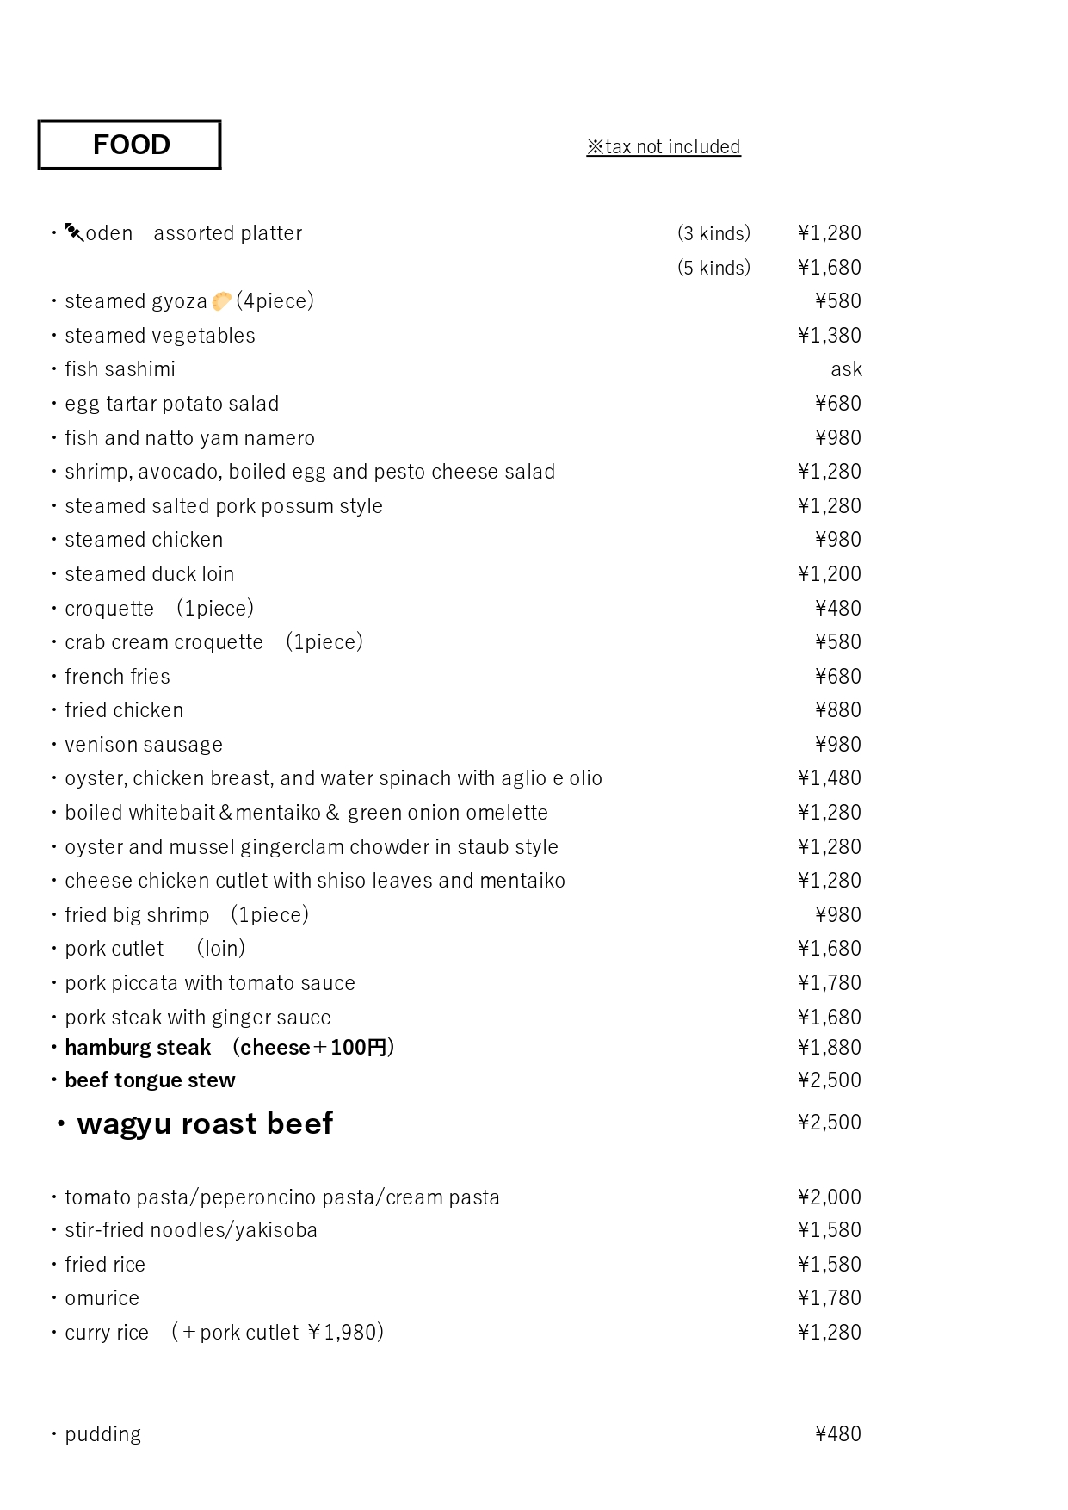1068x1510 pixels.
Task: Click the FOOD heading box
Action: (x=130, y=145)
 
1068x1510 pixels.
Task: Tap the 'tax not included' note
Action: (x=664, y=147)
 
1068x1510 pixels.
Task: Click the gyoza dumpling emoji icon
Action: (x=221, y=301)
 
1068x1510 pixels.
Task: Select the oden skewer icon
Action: (x=75, y=232)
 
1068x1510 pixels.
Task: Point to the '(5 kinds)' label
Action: (x=713, y=268)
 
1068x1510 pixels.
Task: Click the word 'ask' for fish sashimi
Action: (x=846, y=369)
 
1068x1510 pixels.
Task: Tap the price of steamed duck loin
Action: (x=829, y=574)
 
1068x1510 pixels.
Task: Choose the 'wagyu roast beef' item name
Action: (x=205, y=1123)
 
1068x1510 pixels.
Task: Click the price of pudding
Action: (x=837, y=1433)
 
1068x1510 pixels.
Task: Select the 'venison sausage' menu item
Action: (x=144, y=745)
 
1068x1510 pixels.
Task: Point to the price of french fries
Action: (x=837, y=677)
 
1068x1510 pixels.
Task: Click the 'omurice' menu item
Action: (x=102, y=1298)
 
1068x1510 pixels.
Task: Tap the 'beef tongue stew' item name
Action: (x=150, y=1080)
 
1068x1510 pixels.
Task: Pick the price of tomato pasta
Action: (x=829, y=1197)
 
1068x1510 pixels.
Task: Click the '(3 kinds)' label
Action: (x=713, y=233)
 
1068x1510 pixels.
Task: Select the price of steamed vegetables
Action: (x=829, y=336)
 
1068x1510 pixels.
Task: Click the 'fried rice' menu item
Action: (x=105, y=1265)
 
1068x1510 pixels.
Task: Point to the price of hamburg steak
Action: (x=829, y=1048)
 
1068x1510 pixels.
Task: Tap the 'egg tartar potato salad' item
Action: (x=172, y=404)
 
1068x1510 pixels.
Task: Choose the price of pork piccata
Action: (x=829, y=983)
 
